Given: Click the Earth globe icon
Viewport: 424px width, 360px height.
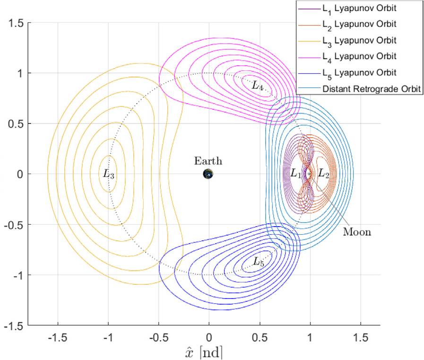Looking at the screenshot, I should [x=208, y=174].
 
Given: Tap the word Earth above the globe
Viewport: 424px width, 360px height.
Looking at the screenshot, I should [x=208, y=161].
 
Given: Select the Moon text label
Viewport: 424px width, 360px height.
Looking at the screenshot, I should [x=357, y=232].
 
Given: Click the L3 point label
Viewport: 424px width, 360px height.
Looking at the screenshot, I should [x=109, y=174].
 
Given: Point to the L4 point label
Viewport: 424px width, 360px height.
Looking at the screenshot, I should [x=258, y=86].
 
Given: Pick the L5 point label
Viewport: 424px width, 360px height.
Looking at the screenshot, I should [x=258, y=261].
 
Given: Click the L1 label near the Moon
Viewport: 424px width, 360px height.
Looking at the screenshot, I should [x=296, y=174].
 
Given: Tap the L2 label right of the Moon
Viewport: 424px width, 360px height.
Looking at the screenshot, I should [x=324, y=174].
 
